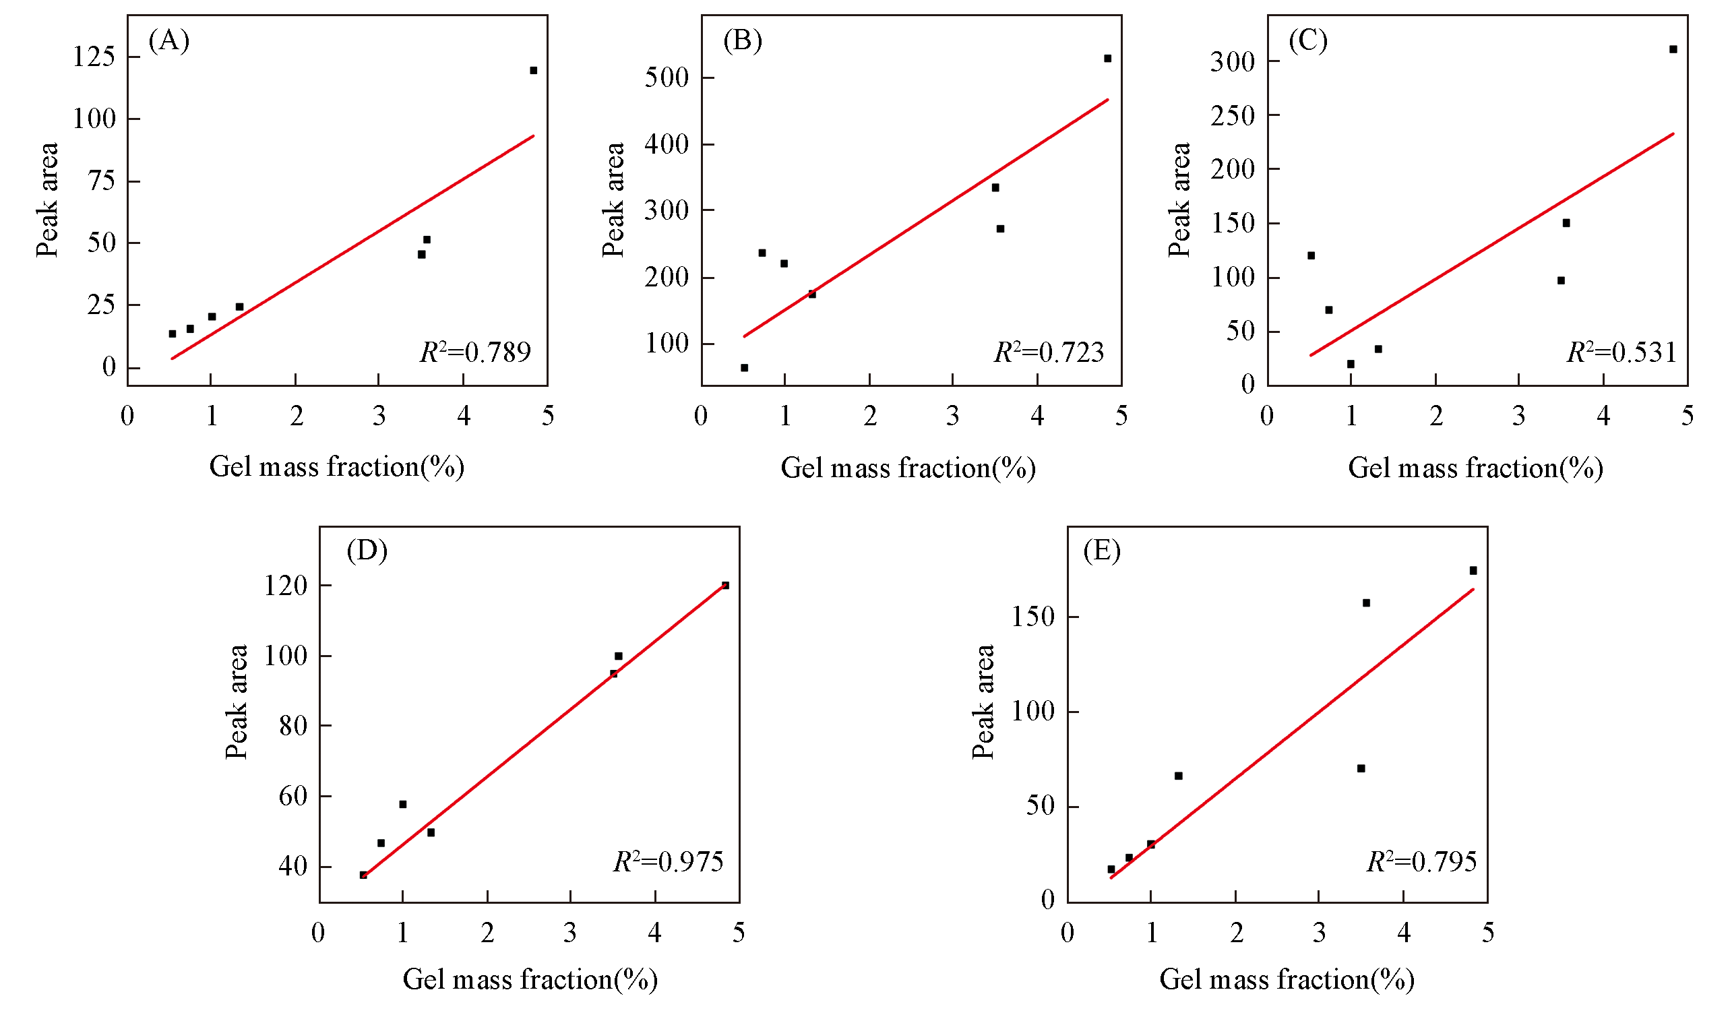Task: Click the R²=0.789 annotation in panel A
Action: pos(475,352)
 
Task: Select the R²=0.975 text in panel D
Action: pos(667,862)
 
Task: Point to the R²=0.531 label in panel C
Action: pos(1621,352)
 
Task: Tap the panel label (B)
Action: pos(742,41)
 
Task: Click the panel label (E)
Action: pos(1101,551)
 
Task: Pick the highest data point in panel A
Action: pos(533,71)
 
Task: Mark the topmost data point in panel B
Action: pos(1107,59)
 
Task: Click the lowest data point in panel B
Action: pos(744,368)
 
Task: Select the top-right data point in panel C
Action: pos(1673,49)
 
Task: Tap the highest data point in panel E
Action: pos(1473,571)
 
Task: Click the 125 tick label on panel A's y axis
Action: pos(94,57)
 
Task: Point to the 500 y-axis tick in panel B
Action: pos(666,78)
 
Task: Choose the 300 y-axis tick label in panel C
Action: pos(1232,62)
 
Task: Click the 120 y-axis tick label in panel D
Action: pos(286,586)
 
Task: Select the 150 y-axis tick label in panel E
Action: pos(1033,617)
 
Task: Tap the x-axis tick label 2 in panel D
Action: pos(487,933)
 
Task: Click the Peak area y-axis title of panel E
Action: pos(983,702)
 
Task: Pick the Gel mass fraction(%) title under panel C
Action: pos(1475,468)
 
